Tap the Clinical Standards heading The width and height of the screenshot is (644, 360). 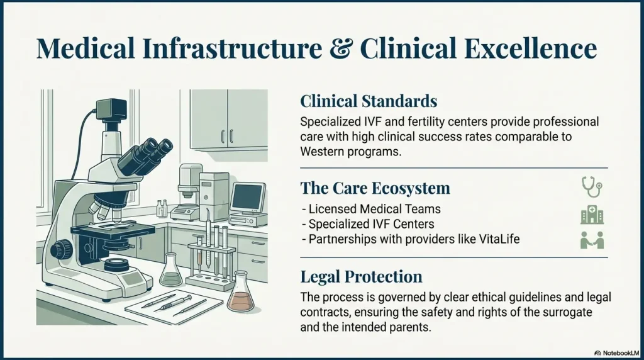(x=369, y=101)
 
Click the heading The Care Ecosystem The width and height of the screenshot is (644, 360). (x=375, y=188)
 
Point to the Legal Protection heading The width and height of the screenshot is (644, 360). (x=361, y=277)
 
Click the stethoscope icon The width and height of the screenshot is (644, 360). (x=591, y=186)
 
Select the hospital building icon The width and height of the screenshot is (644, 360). (x=591, y=215)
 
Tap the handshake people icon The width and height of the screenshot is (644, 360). (x=591, y=240)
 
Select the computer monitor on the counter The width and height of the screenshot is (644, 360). (x=247, y=200)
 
